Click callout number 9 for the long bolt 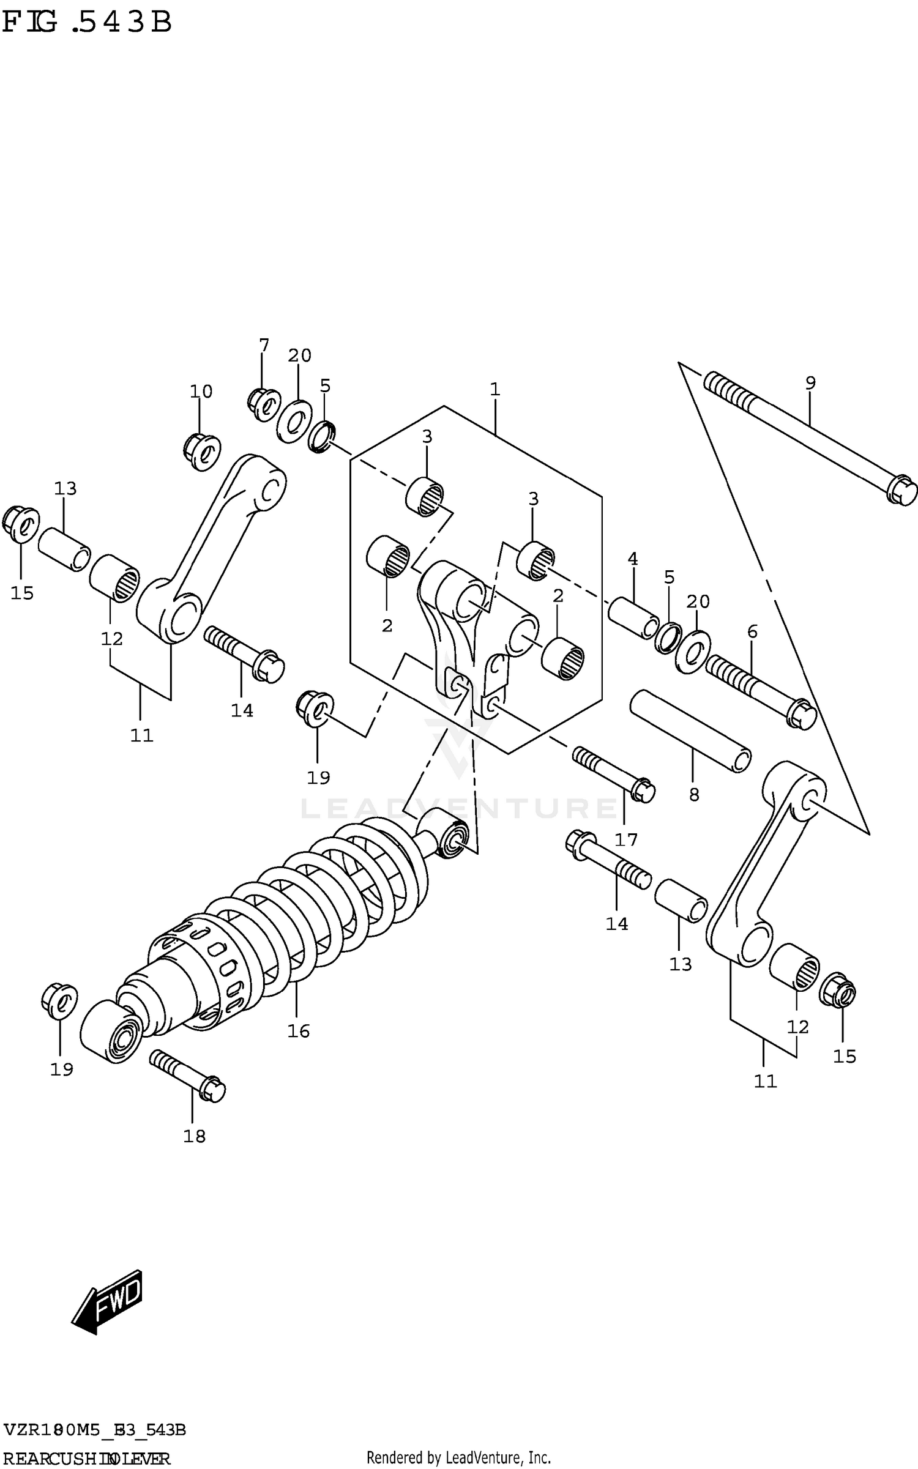(x=810, y=384)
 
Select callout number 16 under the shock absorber (x=299, y=1032)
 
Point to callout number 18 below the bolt (x=195, y=1136)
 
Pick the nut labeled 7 (x=263, y=404)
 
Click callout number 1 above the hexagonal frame (x=495, y=389)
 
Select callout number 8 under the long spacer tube (x=693, y=795)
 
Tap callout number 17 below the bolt (x=626, y=839)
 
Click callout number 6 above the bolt (x=752, y=631)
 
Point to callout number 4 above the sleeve (x=633, y=559)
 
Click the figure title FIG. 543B (x=87, y=23)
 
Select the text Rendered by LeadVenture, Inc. (x=458, y=1453)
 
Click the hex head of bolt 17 (x=644, y=790)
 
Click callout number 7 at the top (x=264, y=346)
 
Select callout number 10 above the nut (x=201, y=392)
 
